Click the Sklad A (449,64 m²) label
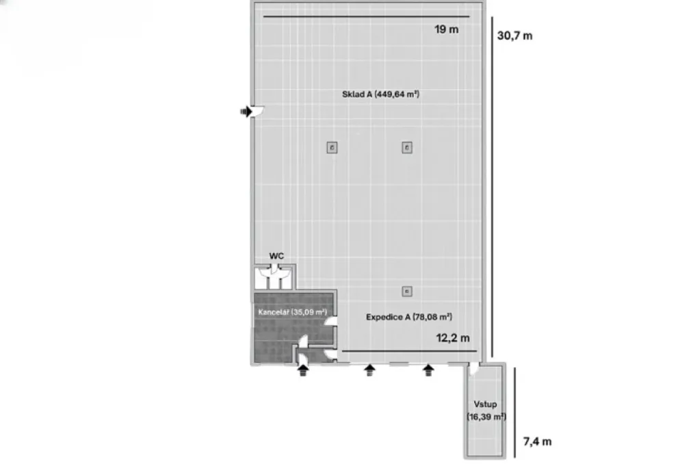381,94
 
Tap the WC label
276,256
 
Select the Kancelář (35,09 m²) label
292,312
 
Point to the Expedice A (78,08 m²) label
409,317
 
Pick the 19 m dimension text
446,29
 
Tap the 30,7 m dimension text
514,36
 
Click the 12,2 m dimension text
453,338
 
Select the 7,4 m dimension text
537,441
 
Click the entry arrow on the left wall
246,112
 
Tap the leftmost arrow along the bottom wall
303,370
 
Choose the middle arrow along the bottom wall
369,370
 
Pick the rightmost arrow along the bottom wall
428,370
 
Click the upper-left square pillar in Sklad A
332,148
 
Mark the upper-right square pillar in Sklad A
407,148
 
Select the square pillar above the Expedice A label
407,292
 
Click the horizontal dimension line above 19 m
367,16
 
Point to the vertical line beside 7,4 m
514,413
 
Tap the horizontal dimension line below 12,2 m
409,351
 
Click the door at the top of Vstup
475,369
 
